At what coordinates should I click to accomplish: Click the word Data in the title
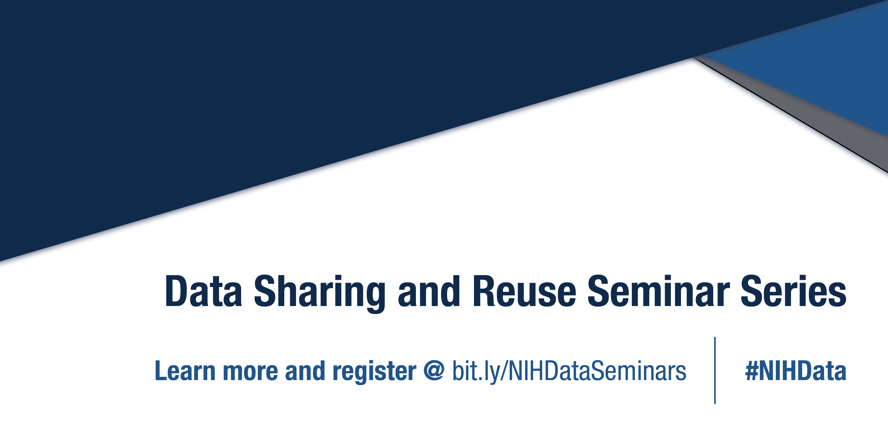click(x=203, y=291)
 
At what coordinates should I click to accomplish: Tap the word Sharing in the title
click(x=319, y=292)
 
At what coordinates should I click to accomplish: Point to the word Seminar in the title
click(x=658, y=291)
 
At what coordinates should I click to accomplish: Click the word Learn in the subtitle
click(x=185, y=371)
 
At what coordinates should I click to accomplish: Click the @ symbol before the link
click(x=434, y=370)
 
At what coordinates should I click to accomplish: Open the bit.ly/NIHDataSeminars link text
click(x=569, y=372)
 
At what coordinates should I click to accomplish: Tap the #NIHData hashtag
click(x=796, y=371)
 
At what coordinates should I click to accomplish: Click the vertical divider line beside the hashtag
click(x=715, y=370)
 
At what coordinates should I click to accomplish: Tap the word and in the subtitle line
click(x=305, y=371)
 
